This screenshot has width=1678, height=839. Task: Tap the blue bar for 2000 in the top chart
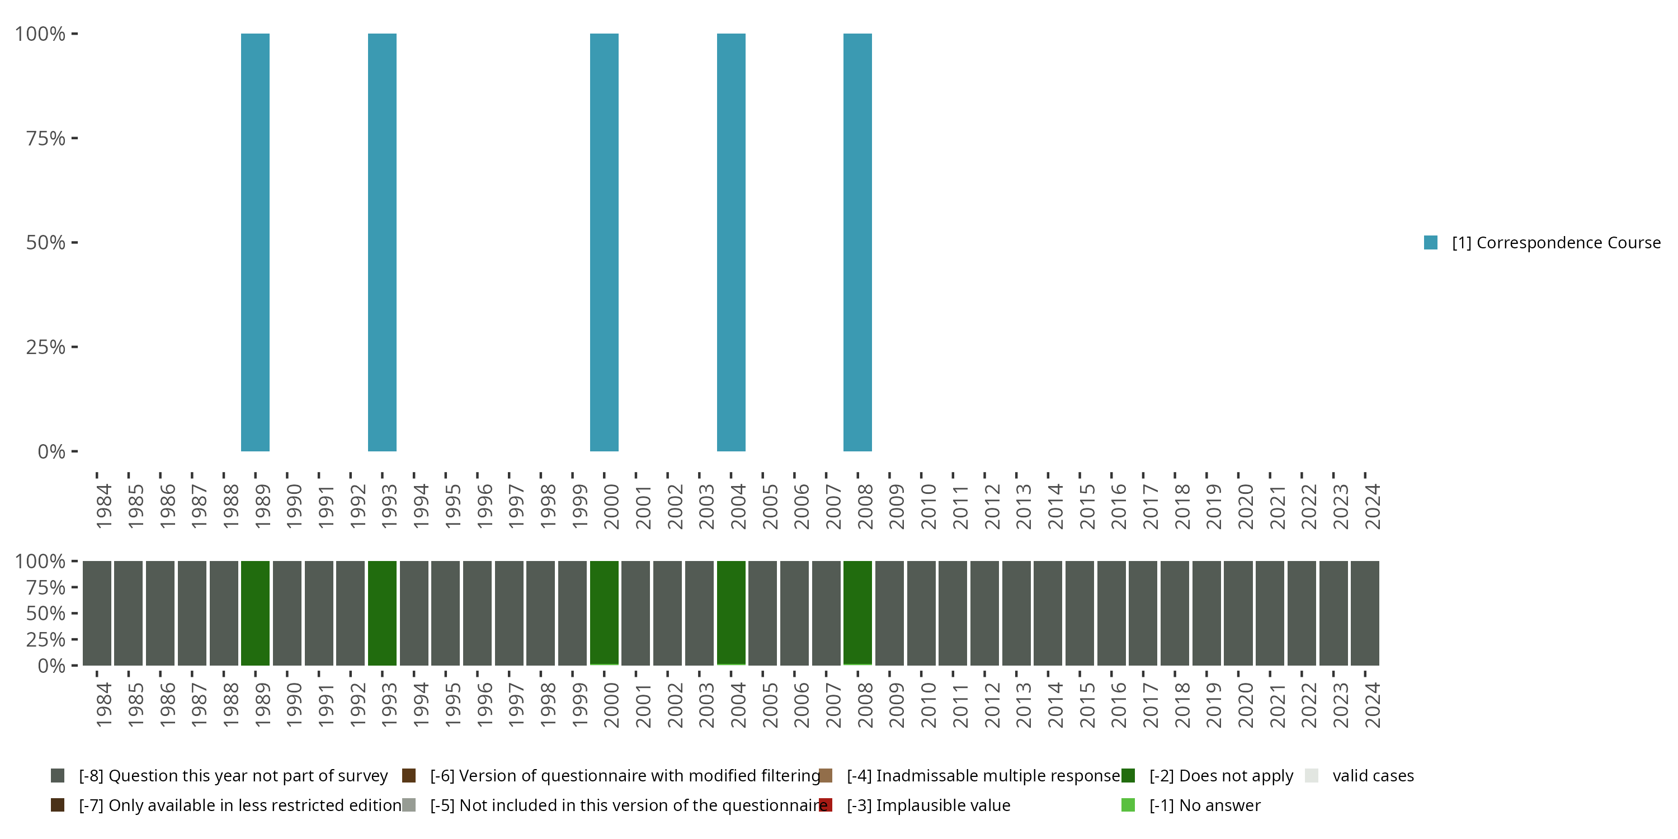coord(604,242)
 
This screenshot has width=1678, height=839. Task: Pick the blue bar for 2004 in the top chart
coord(731,242)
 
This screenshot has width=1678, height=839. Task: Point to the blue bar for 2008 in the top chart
coord(857,242)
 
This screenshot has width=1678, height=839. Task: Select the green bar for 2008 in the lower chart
coord(857,612)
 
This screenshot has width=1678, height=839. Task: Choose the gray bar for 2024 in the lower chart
coord(1365,612)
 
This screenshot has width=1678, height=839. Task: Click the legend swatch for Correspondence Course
coord(1430,242)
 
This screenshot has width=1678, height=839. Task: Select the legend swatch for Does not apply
coord(1128,775)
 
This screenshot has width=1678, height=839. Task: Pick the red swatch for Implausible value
coord(826,805)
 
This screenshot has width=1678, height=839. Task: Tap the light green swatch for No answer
coord(1128,805)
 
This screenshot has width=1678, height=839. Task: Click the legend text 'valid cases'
coord(1373,775)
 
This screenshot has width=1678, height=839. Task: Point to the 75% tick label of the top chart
coord(46,138)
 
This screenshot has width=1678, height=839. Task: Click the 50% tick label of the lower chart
coord(46,613)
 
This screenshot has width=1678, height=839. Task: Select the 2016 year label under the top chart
coord(1118,507)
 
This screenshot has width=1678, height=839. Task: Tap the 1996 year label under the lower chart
coord(483,705)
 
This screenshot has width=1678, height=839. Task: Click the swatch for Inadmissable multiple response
coord(826,775)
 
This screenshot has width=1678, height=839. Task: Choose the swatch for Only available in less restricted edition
coord(57,805)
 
